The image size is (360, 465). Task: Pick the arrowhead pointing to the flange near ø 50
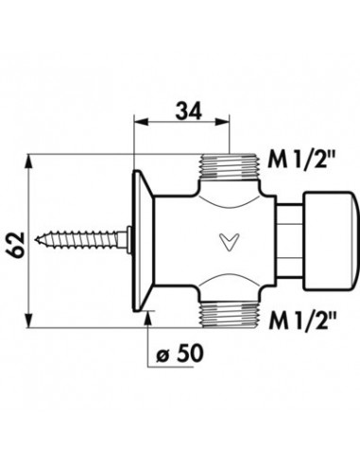[148, 315]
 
